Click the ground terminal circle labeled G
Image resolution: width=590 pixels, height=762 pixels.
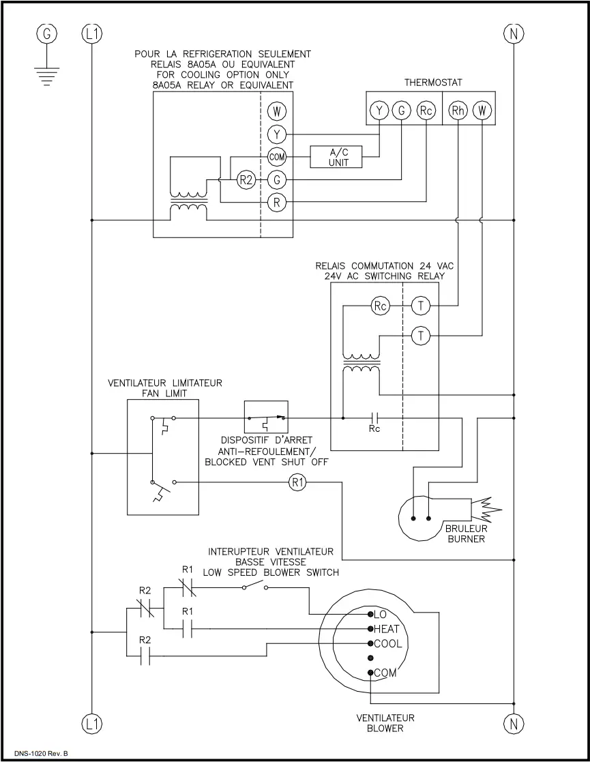tap(47, 33)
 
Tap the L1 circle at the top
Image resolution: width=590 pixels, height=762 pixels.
tap(91, 33)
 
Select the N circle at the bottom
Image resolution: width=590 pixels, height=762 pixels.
tap(512, 724)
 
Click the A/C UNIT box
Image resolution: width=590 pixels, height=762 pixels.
tap(338, 157)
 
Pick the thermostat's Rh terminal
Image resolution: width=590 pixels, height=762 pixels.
tap(458, 111)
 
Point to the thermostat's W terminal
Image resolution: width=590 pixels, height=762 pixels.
tap(482, 111)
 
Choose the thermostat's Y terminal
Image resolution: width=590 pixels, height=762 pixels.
tap(379, 111)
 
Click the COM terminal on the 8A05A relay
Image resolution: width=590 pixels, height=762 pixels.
tap(277, 157)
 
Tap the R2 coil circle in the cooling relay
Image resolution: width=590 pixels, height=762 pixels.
tap(246, 180)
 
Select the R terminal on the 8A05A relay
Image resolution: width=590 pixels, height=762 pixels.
tap(277, 203)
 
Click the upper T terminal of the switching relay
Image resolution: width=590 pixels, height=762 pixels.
tap(422, 306)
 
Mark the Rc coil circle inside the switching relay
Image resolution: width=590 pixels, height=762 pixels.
tap(381, 306)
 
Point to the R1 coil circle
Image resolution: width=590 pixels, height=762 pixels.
tap(298, 482)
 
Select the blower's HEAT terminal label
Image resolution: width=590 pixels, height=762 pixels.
tap(387, 629)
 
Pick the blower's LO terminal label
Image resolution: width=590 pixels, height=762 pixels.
tap(381, 614)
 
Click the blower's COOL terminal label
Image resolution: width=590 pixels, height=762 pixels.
tap(387, 644)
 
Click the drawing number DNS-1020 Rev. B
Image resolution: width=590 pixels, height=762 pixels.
tap(42, 753)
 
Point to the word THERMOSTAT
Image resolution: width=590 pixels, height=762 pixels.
tap(433, 83)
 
